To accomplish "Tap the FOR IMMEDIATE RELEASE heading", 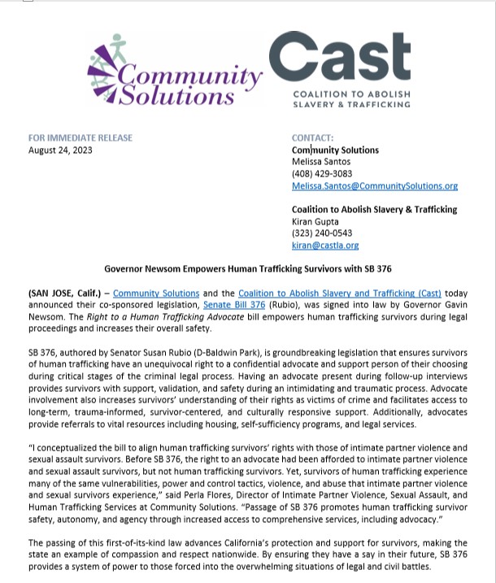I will (80, 138).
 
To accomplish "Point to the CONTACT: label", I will (312, 138).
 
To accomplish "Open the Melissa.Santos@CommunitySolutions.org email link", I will (374, 186).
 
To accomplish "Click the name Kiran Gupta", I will (315, 221).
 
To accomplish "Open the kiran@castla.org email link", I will (324, 245).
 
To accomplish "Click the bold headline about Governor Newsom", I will (247, 268).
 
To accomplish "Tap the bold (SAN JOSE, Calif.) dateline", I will (65, 293).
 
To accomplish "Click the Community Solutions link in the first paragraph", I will (156, 293).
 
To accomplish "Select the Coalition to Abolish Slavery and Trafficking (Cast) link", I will (340, 293).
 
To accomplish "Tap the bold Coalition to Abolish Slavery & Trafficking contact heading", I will (374, 209).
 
